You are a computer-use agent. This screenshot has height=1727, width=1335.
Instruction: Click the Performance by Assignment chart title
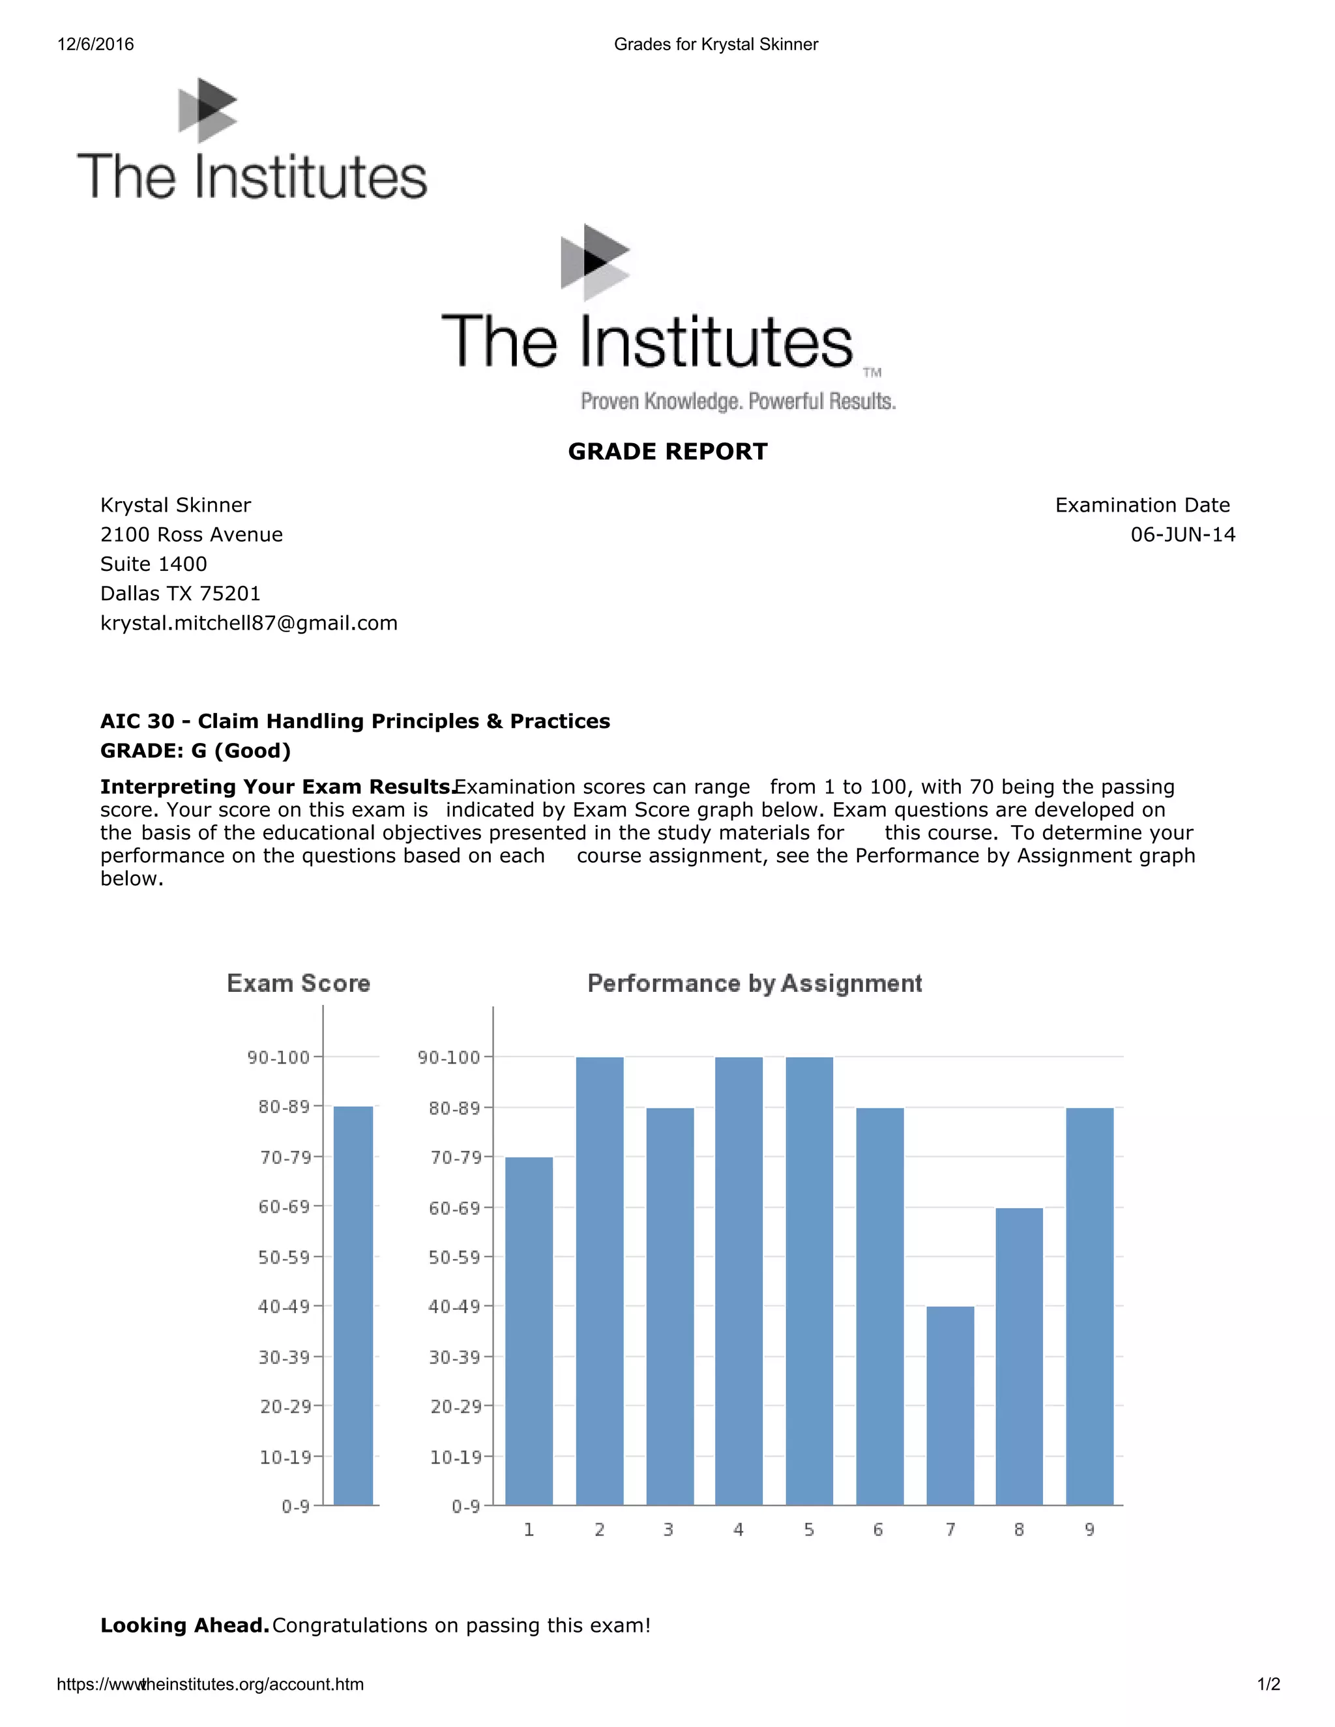[754, 983]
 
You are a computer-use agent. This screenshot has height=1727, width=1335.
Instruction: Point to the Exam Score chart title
[298, 983]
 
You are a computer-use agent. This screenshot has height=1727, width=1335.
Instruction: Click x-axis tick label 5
[808, 1530]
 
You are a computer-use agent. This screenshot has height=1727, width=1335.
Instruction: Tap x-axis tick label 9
[1089, 1530]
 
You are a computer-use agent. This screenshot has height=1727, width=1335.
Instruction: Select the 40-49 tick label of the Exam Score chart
[284, 1306]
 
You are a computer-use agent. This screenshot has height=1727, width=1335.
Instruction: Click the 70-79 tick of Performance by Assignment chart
[455, 1157]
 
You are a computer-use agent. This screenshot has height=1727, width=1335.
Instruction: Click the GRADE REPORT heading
[667, 452]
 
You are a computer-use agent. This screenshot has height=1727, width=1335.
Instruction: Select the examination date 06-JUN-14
[1182, 534]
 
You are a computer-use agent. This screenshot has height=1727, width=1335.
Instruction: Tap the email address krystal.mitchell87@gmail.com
[248, 623]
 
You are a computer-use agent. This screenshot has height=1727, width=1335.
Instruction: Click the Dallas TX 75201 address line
[181, 593]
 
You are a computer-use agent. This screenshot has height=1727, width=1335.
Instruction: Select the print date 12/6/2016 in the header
[96, 44]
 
